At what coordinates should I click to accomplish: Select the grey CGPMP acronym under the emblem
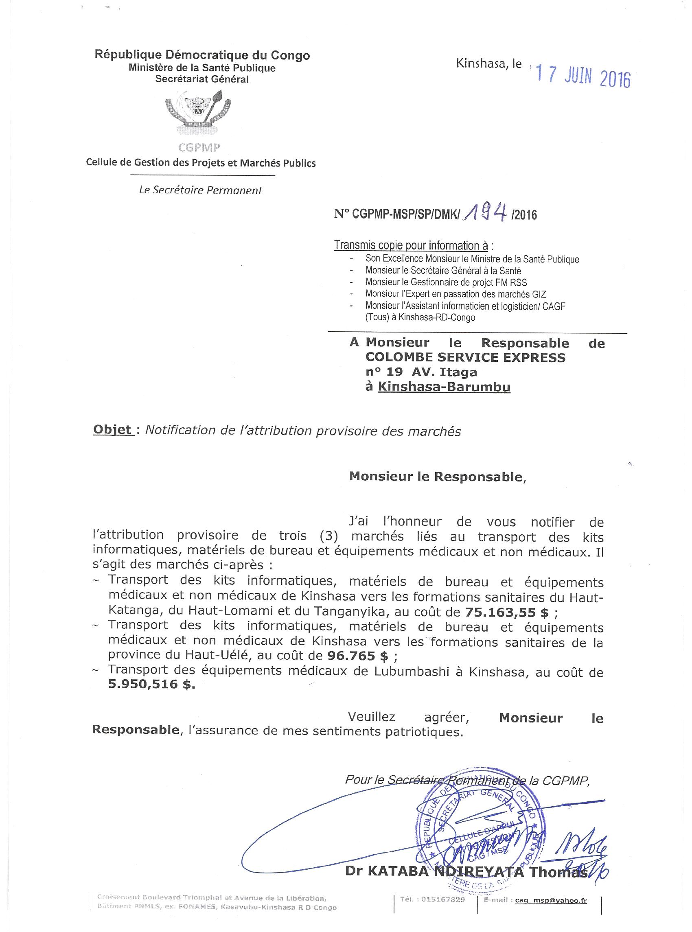pyautogui.click(x=199, y=147)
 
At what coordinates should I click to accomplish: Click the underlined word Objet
pyautogui.click(x=112, y=431)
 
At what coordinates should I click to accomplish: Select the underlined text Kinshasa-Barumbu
pyautogui.click(x=444, y=387)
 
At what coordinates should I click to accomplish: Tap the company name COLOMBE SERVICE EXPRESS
pyautogui.click(x=465, y=358)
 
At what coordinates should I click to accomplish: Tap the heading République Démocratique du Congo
pyautogui.click(x=202, y=55)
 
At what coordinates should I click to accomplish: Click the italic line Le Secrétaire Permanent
pyautogui.click(x=200, y=190)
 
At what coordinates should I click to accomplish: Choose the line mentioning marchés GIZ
pyautogui.click(x=455, y=294)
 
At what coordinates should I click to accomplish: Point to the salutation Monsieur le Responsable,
pyautogui.click(x=437, y=477)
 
